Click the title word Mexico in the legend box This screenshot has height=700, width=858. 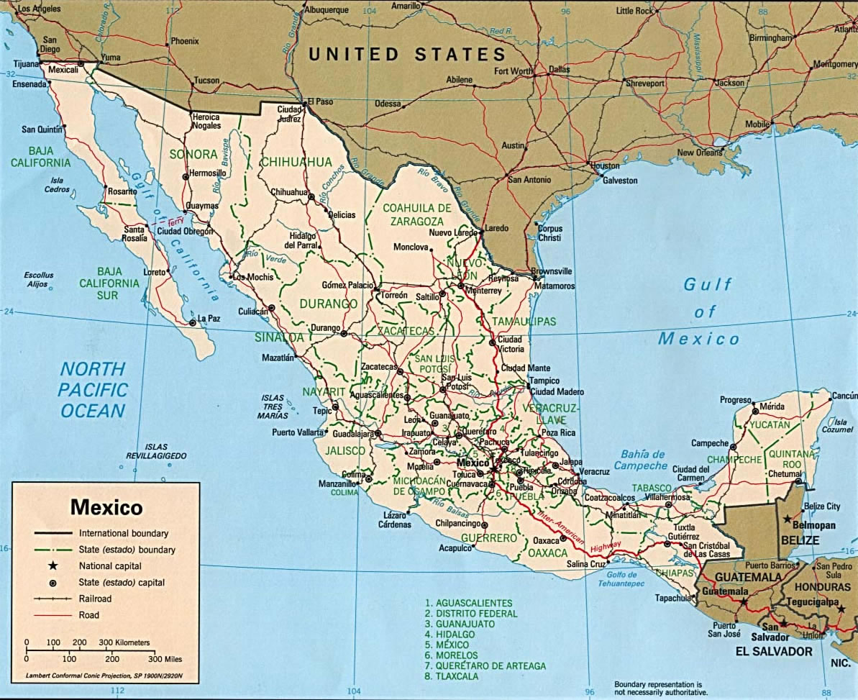(x=106, y=507)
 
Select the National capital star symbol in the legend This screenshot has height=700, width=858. (x=53, y=566)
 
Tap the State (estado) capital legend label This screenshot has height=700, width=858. (x=122, y=583)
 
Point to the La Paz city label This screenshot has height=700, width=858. (x=209, y=318)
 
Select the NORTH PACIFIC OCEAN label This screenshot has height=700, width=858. (x=93, y=390)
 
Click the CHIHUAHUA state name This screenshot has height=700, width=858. (x=296, y=162)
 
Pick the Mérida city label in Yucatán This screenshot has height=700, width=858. (x=772, y=406)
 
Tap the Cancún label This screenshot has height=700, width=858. (x=844, y=396)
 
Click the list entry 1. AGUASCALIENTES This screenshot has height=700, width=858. (x=468, y=603)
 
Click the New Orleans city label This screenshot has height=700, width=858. (x=699, y=153)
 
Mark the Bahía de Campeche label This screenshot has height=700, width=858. (x=641, y=460)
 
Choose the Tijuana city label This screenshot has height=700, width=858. (x=26, y=64)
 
